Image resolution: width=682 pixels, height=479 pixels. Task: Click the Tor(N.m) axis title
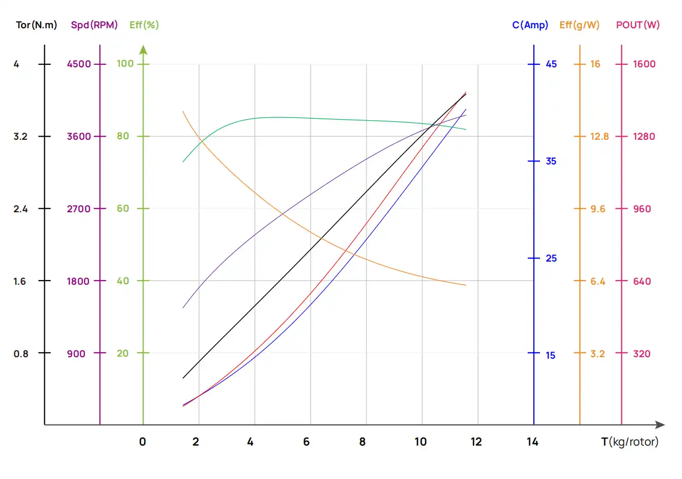[36, 25]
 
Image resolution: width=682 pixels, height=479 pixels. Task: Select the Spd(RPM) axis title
[94, 25]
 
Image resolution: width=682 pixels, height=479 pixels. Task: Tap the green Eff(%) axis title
[144, 25]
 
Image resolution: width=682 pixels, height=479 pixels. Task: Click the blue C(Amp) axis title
[530, 25]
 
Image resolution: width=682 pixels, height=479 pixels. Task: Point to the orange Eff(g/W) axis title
[579, 25]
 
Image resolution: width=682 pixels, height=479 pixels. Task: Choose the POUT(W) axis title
[637, 25]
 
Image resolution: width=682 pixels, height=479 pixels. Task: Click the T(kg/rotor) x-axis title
[630, 441]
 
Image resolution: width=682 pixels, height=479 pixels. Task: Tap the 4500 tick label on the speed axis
[79, 64]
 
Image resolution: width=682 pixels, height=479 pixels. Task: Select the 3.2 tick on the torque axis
[21, 136]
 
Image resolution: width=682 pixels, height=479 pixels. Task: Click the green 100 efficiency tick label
[125, 63]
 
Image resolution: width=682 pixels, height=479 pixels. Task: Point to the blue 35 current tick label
[551, 161]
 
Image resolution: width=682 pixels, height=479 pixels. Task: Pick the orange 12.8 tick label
[599, 136]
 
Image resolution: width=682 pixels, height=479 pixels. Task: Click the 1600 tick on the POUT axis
[644, 64]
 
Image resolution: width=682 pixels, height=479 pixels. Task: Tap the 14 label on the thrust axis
[532, 441]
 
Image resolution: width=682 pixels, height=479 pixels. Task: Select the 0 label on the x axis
[142, 441]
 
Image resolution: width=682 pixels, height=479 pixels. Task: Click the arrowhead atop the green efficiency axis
[143, 49]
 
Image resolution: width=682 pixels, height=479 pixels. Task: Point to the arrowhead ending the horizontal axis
[660, 425]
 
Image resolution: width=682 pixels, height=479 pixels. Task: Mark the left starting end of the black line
[183, 378]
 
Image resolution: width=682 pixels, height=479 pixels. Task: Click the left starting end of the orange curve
[183, 111]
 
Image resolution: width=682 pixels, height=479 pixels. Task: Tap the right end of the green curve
[465, 129]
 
